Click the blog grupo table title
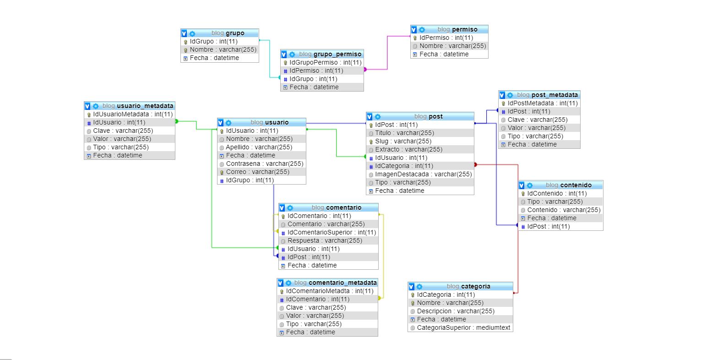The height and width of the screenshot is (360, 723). [x=228, y=33]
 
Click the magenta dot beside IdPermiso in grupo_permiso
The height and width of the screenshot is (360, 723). [x=365, y=70]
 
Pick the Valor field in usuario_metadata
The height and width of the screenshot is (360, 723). [x=122, y=139]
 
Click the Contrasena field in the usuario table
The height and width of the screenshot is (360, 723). [x=264, y=164]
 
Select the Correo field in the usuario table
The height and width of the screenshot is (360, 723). [x=257, y=172]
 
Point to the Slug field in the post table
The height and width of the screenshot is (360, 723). [x=403, y=141]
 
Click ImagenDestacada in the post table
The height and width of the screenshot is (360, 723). [x=423, y=174]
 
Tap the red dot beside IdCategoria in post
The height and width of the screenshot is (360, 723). [x=475, y=164]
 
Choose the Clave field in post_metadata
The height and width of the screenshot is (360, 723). [x=537, y=120]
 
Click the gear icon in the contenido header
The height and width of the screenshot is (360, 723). [x=530, y=185]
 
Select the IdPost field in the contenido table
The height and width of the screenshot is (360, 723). [x=548, y=226]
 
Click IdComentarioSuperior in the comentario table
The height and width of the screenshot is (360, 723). [x=332, y=232]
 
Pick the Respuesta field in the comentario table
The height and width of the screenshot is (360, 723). [x=325, y=240]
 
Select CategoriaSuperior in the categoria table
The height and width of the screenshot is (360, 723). [x=463, y=327]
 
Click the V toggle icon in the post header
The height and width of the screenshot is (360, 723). [x=370, y=116]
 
